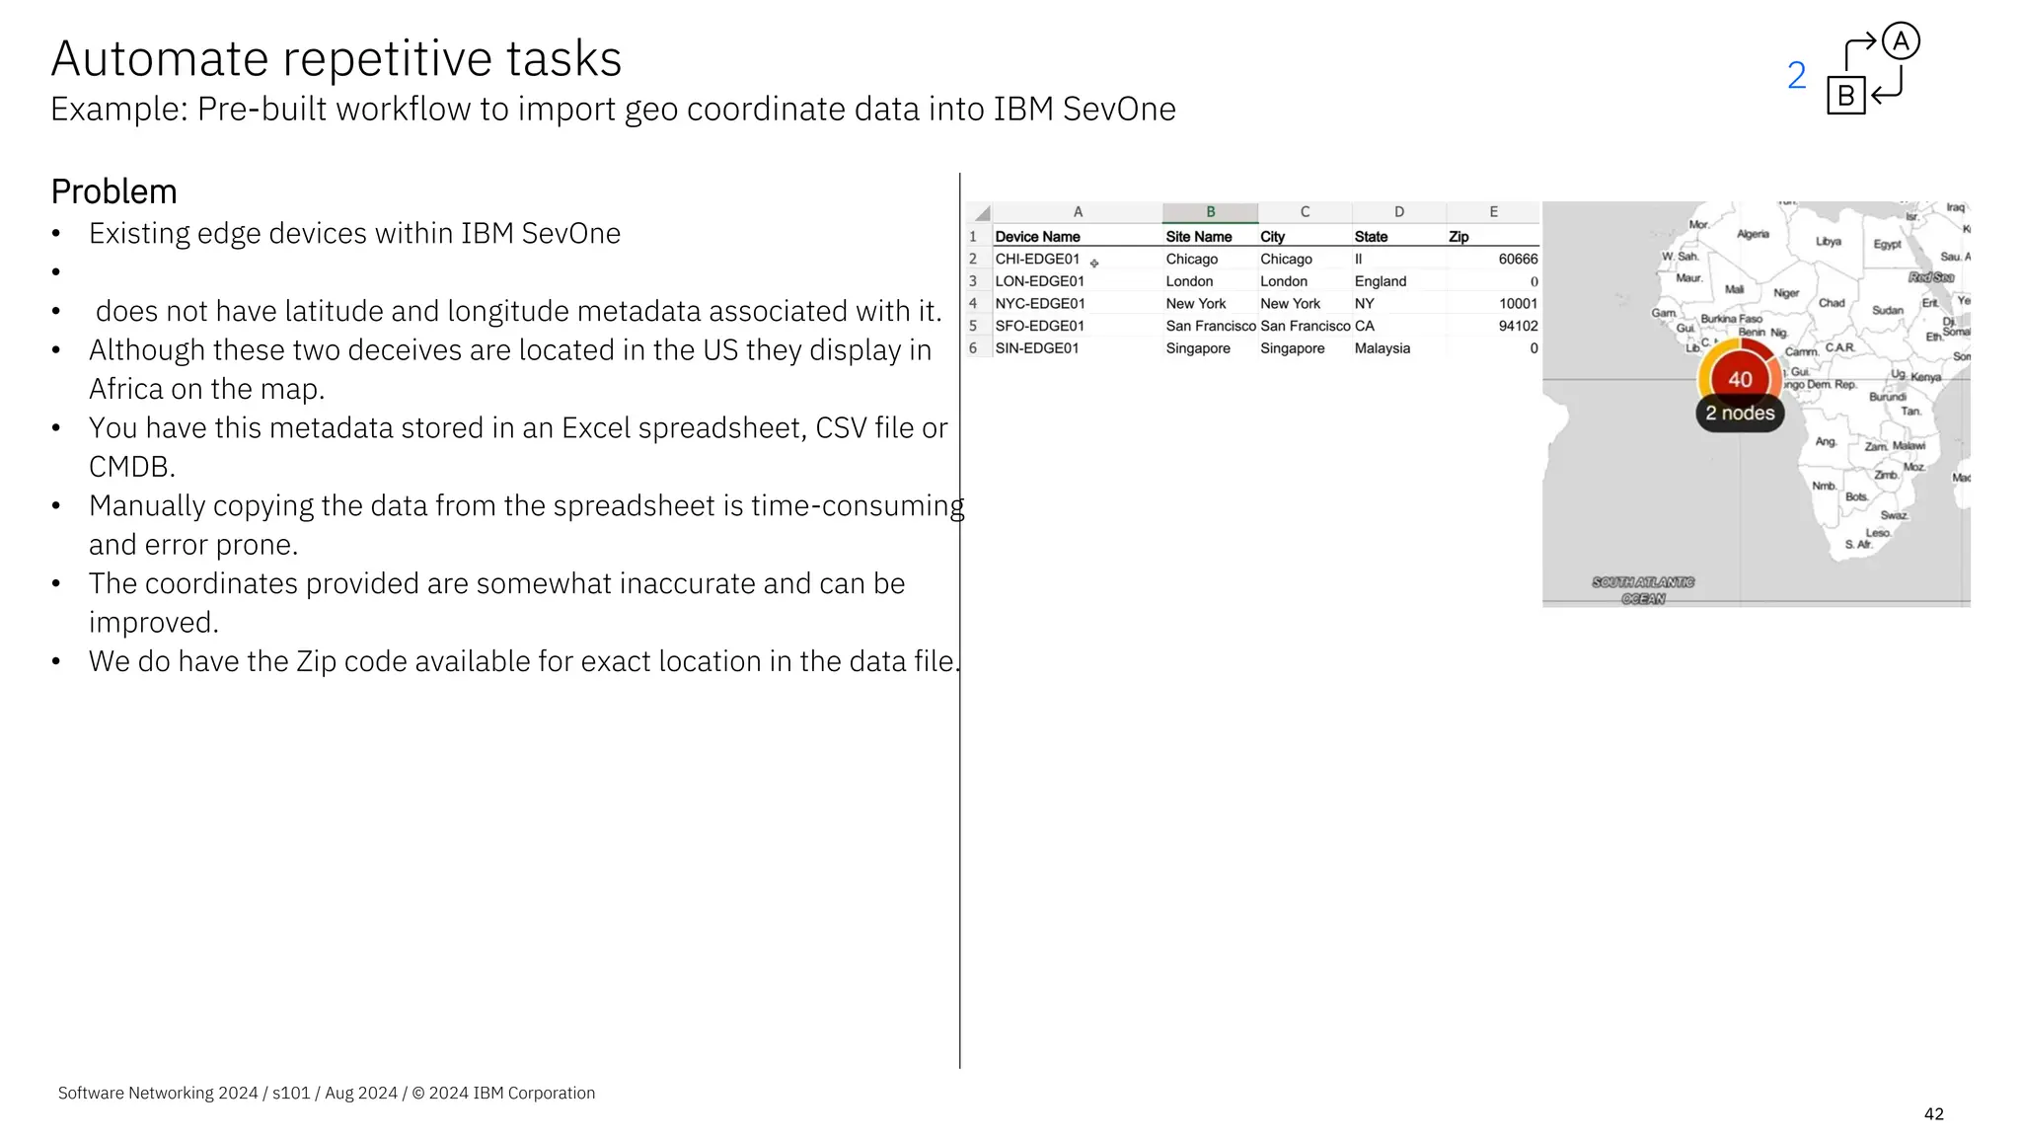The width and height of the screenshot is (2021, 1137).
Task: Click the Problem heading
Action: (113, 191)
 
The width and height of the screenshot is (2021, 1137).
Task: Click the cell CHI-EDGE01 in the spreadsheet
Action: (1037, 260)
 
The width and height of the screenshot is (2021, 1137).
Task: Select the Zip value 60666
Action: (1517, 260)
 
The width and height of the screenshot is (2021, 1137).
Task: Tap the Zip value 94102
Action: (1517, 326)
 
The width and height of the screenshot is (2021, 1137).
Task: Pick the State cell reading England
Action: (1380, 281)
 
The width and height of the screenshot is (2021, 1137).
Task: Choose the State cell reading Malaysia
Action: (1382, 348)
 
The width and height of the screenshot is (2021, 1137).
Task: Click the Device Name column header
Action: (1037, 237)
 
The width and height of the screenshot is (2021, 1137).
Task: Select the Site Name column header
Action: (1198, 237)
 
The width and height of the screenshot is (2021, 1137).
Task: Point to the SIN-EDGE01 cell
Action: (1036, 348)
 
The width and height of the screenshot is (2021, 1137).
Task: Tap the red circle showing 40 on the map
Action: (1740, 379)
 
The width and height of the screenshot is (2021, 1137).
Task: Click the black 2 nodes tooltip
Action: (1740, 414)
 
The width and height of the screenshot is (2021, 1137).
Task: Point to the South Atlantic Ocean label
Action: (1643, 590)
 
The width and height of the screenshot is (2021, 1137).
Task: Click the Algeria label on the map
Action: (1753, 234)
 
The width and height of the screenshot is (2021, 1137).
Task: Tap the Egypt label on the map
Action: (1887, 244)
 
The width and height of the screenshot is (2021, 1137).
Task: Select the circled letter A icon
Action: (1901, 41)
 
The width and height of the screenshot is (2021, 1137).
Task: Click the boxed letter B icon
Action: (1845, 96)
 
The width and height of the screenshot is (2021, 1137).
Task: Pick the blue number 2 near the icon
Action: (1796, 76)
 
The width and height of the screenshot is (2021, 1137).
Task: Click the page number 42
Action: (1933, 1113)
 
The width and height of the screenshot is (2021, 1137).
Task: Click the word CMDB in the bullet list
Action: (131, 466)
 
